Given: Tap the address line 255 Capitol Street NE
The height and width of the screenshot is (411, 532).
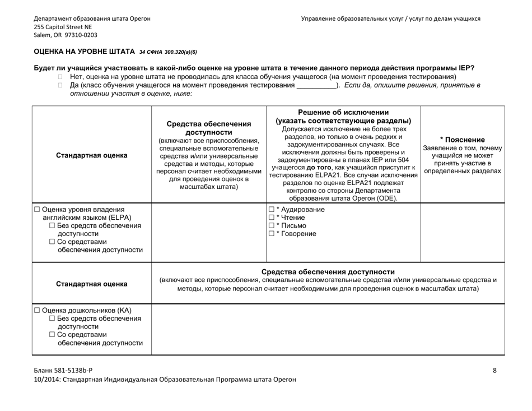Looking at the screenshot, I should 63,26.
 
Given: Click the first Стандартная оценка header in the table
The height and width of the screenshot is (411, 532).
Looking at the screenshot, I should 91,155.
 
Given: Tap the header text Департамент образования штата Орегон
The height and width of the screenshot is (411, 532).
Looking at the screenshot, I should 92,19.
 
